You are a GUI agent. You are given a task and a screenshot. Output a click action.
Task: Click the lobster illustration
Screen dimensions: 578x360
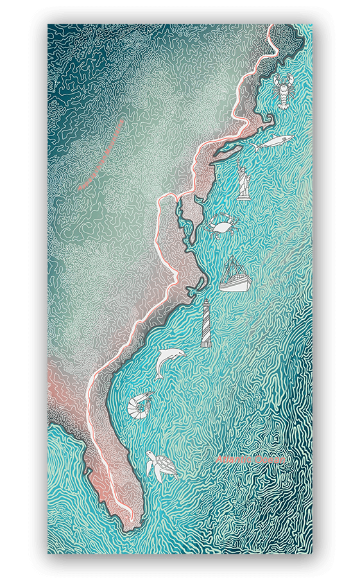pyautogui.click(x=282, y=91)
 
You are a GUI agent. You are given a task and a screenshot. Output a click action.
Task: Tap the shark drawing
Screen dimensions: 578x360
pyautogui.click(x=273, y=143)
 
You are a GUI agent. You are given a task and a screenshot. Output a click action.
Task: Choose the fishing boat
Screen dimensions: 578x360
pyautogui.click(x=232, y=276)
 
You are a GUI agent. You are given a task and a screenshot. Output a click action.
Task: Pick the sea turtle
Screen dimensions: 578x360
pyautogui.click(x=160, y=466)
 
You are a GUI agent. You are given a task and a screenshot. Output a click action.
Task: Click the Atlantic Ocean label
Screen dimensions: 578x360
pyautogui.click(x=254, y=460)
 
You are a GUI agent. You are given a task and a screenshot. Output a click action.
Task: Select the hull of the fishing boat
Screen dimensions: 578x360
pyautogui.click(x=232, y=285)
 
